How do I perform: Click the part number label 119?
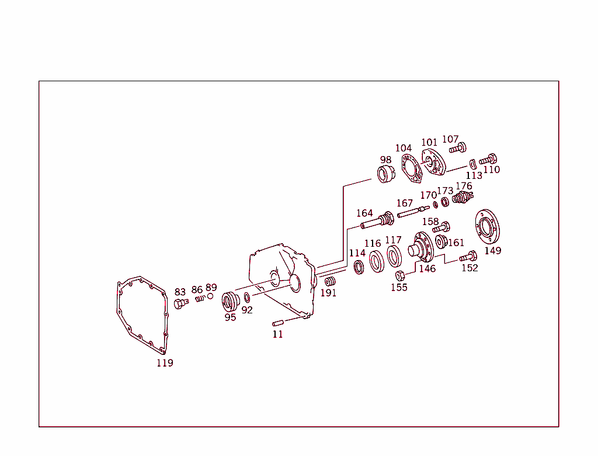tap(165, 363)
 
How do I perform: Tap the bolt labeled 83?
tap(180, 303)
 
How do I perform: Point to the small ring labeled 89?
tap(210, 296)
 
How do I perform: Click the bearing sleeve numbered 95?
tap(230, 302)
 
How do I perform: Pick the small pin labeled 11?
tap(277, 323)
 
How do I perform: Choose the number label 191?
tap(329, 293)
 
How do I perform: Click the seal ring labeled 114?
tap(359, 268)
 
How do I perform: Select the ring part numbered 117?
tap(394, 255)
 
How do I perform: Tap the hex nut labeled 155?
tap(400, 275)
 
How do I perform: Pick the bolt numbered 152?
tap(468, 256)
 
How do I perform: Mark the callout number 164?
tap(364, 213)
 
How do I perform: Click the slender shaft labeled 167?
tap(413, 211)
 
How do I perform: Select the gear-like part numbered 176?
tap(462, 198)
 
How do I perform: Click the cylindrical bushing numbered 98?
tap(385, 174)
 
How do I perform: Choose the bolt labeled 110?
tap(488, 158)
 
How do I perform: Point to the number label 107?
tap(450, 139)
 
